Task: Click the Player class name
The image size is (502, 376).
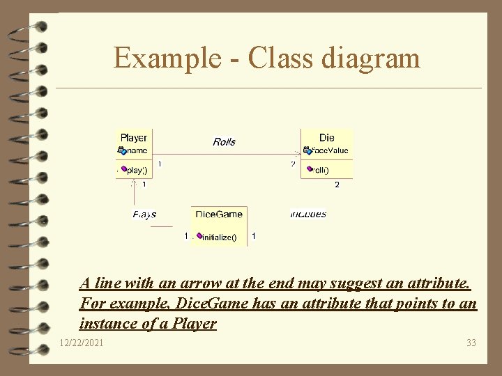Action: [134, 138]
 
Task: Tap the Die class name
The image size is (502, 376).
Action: [327, 138]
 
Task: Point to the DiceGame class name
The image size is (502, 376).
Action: [219, 214]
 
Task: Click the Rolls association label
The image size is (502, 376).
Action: [224, 142]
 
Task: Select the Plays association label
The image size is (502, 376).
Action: [144, 214]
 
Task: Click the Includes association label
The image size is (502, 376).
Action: [308, 214]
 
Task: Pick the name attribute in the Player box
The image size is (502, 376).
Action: [135, 150]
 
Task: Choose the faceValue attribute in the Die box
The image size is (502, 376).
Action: [329, 150]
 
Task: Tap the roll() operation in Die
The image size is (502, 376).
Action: [320, 169]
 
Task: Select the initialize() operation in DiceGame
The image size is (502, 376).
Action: [218, 237]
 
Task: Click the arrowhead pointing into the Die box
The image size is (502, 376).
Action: [298, 153]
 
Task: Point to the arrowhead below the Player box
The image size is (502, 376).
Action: [134, 184]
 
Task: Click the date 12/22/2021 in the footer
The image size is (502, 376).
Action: [83, 343]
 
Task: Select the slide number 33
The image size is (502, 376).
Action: [470, 343]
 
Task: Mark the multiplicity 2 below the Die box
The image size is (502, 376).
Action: [337, 185]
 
